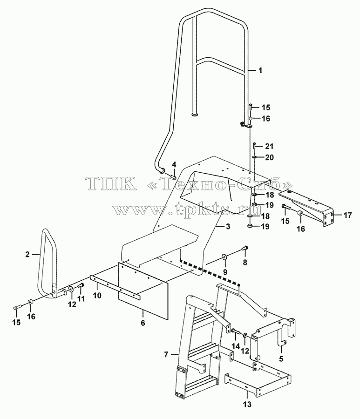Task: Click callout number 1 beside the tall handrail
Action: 260,71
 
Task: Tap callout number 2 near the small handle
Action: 27,255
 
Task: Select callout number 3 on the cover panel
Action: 227,227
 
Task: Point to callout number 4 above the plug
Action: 174,165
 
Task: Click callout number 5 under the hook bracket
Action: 281,358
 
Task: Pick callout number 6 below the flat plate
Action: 143,323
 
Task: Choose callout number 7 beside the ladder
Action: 166,355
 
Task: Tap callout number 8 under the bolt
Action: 245,263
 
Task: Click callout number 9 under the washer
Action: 225,272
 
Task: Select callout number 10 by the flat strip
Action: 97,296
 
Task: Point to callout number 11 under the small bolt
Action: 81,298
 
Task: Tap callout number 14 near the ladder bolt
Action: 236,346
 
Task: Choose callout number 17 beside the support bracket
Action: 348,215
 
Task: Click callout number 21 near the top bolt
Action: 269,146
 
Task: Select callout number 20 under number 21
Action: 269,157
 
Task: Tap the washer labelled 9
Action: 224,257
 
